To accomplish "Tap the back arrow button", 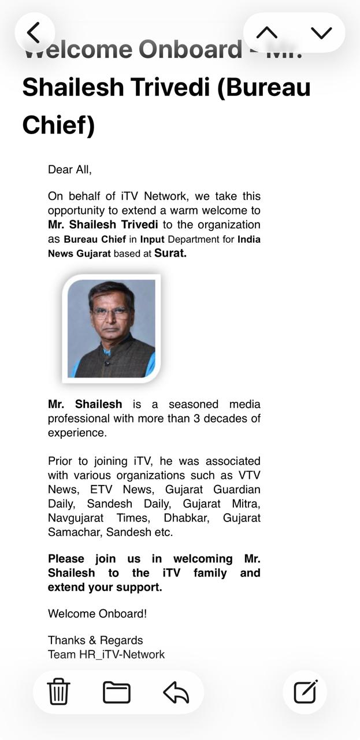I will [x=34, y=33].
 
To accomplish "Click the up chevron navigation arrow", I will [x=267, y=33].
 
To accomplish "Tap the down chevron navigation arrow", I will [x=321, y=33].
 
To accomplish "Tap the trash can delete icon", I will [x=58, y=691].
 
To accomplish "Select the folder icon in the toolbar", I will [x=117, y=691].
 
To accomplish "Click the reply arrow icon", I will [x=176, y=691].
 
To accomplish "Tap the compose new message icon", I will [x=305, y=691].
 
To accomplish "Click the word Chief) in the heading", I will [x=58, y=125].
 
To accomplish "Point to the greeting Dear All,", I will [x=70, y=170].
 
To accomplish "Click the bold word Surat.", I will [x=170, y=253].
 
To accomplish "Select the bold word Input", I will [x=152, y=239].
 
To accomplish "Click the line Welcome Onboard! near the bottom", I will [x=97, y=614].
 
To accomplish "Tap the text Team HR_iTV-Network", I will [x=106, y=654].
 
